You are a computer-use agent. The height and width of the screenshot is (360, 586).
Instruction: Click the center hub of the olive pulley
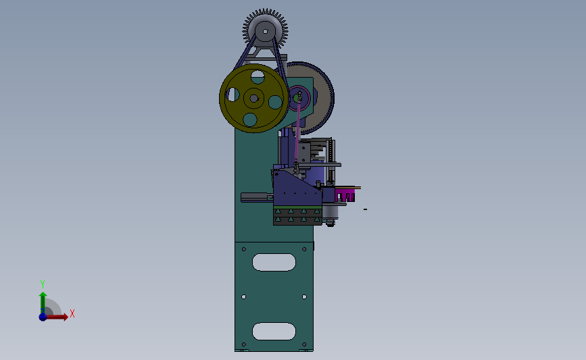pyautogui.click(x=253, y=99)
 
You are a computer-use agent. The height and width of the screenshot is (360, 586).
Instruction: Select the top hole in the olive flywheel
pyautogui.click(x=258, y=77)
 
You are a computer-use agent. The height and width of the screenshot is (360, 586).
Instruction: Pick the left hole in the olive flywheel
pyautogui.click(x=233, y=95)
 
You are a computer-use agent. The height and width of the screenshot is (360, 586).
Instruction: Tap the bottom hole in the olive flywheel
pyautogui.click(x=250, y=120)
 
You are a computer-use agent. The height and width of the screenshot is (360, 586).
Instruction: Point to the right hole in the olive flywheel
pyautogui.click(x=276, y=102)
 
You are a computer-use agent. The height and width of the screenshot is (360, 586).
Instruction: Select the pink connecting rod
pyautogui.click(x=297, y=131)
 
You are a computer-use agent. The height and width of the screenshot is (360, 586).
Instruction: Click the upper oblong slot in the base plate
pyautogui.click(x=274, y=262)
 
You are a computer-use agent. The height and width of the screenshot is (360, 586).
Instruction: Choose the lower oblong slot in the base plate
pyautogui.click(x=274, y=331)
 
